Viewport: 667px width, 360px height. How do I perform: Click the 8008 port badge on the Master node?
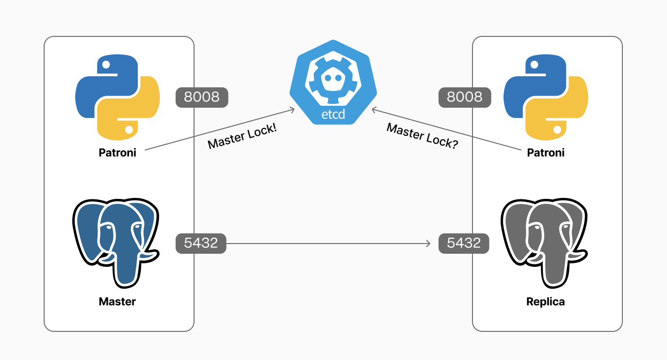pos(201,97)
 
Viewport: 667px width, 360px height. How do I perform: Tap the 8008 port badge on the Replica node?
pos(464,97)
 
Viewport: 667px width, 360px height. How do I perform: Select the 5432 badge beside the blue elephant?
pos(201,243)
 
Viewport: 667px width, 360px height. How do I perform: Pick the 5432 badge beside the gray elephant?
pos(464,243)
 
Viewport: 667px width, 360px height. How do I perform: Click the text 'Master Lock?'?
pos(422,136)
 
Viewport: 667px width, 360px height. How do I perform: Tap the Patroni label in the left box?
pos(117,153)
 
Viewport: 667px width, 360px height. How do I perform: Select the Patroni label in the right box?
pos(546,153)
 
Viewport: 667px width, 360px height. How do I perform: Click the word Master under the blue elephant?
pos(117,301)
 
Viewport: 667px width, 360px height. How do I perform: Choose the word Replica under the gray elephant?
pos(546,301)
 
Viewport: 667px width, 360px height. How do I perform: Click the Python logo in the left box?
pos(117,97)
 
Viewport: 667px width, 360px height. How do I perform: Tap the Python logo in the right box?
pos(546,97)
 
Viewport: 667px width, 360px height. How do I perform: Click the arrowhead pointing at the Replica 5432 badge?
pos(428,243)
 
